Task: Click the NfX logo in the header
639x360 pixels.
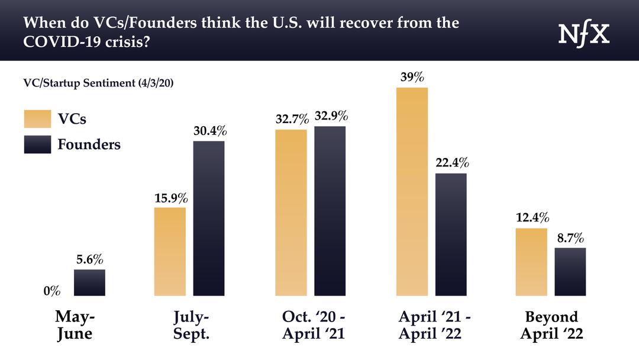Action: pyautogui.click(x=584, y=35)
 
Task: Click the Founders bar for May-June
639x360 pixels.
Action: pyautogui.click(x=89, y=282)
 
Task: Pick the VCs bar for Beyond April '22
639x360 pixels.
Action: pyautogui.click(x=531, y=262)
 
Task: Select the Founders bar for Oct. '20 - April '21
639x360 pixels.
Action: pyautogui.click(x=330, y=211)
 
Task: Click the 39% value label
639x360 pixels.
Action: pyautogui.click(x=412, y=78)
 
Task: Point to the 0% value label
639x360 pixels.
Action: pyautogui.click(x=51, y=291)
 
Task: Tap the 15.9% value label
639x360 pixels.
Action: pyautogui.click(x=170, y=197)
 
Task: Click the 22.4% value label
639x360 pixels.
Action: pyautogui.click(x=451, y=163)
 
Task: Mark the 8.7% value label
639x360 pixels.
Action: pyautogui.click(x=570, y=238)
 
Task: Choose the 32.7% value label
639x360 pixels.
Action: pyautogui.click(x=292, y=119)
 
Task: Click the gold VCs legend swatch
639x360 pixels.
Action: pyautogui.click(x=37, y=118)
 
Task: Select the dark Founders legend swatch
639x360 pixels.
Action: pyautogui.click(x=37, y=144)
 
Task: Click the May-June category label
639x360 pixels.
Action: pyautogui.click(x=75, y=325)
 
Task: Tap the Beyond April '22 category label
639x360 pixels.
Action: pyautogui.click(x=551, y=325)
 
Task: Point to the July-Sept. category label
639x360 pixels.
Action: pyautogui.click(x=191, y=325)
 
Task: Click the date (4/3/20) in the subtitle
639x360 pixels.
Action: pyautogui.click(x=155, y=83)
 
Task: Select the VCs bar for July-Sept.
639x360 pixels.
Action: pyautogui.click(x=170, y=251)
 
